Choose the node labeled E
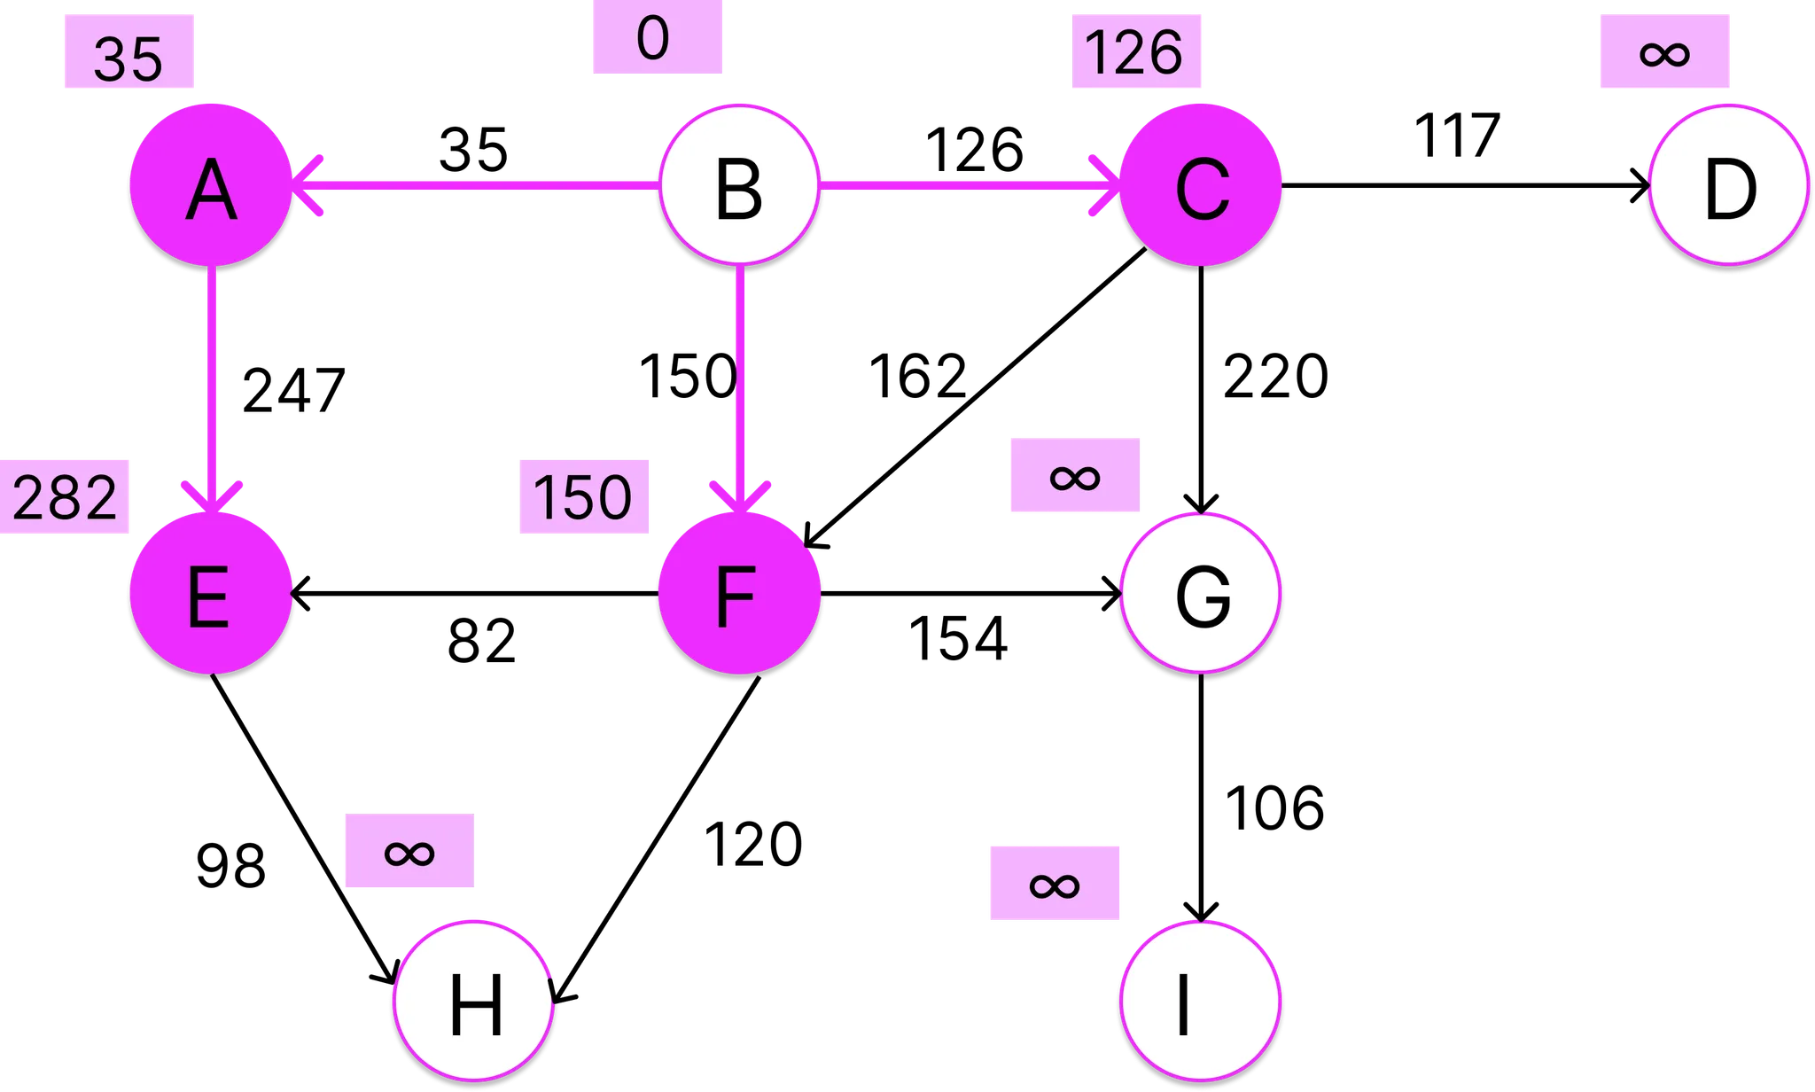[211, 593]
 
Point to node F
[738, 593]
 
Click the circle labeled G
[1201, 593]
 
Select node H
[475, 1002]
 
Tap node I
[1201, 1002]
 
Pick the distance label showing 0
[657, 40]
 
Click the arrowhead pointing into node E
[211, 497]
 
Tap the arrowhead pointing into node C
[1106, 185]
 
